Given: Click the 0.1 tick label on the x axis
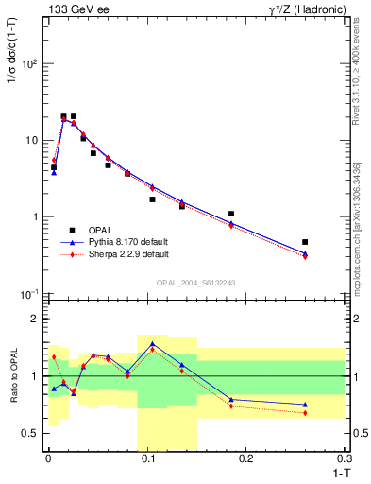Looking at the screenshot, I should click(147, 458).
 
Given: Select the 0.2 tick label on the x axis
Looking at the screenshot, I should click(246, 458).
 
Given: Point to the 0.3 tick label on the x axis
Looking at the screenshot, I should click(345, 458).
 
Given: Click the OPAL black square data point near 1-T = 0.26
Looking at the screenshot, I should click(305, 242).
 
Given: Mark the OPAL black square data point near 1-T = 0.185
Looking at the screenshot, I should click(231, 214).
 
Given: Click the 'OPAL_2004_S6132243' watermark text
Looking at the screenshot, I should click(196, 283).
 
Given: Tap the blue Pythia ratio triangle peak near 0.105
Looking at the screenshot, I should click(152, 343).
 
